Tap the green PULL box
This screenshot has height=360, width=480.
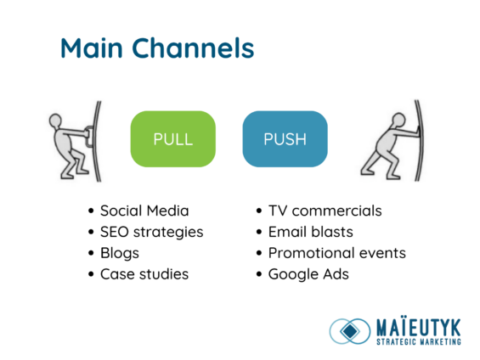tap(172, 139)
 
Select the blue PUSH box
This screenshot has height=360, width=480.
tap(285, 139)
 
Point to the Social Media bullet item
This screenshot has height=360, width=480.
tap(144, 211)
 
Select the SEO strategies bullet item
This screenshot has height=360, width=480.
tap(151, 232)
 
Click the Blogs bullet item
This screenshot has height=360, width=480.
tap(119, 253)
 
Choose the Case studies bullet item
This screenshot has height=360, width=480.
tap(144, 274)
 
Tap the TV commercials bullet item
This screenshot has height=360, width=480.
tap(325, 211)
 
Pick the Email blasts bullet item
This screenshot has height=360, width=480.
tap(310, 232)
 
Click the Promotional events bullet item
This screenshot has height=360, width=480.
tap(336, 253)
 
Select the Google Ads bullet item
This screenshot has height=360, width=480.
tap(308, 274)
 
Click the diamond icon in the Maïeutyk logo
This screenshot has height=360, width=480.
tap(348, 330)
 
